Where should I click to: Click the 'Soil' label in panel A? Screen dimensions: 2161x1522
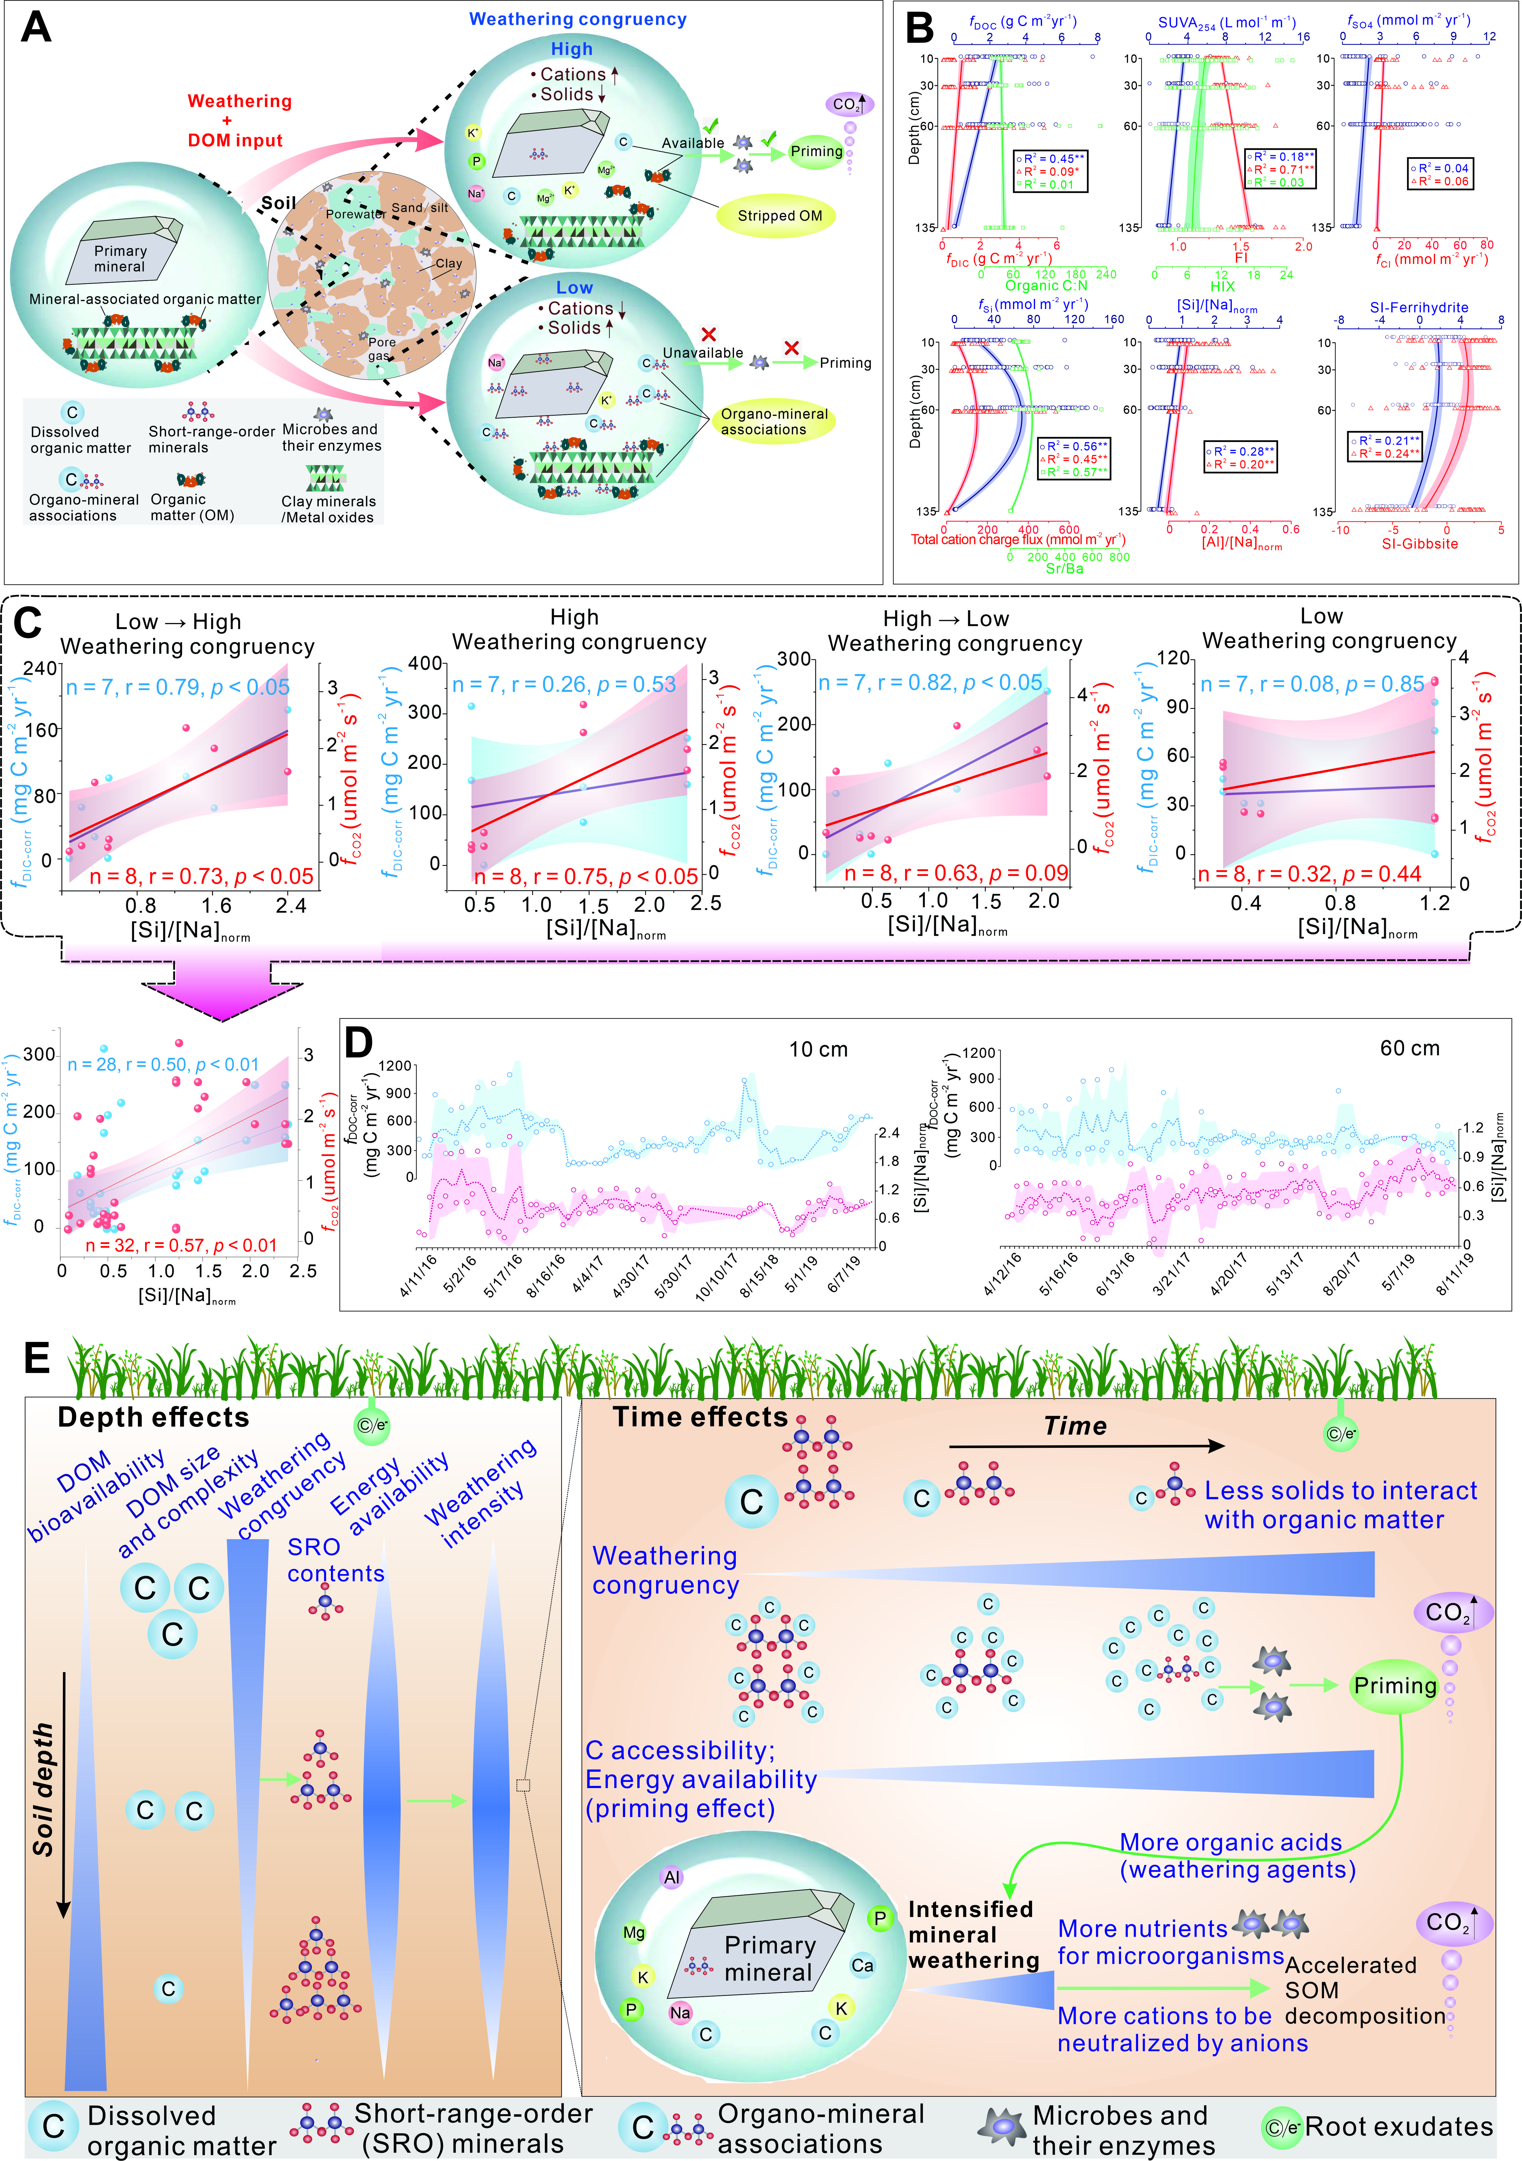(x=278, y=203)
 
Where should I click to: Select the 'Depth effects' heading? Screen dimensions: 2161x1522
(x=153, y=1417)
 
